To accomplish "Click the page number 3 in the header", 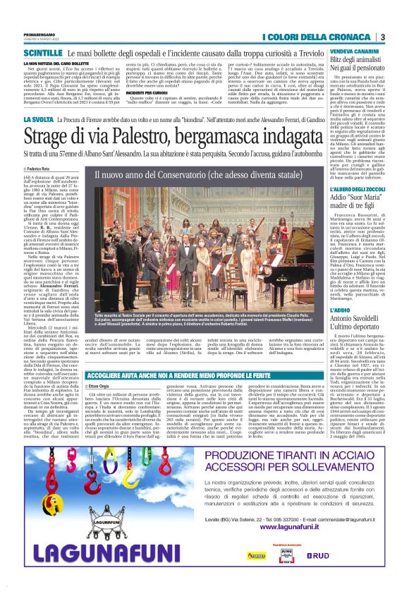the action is click(x=382, y=37).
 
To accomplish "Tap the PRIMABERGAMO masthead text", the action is click(x=39, y=35).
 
